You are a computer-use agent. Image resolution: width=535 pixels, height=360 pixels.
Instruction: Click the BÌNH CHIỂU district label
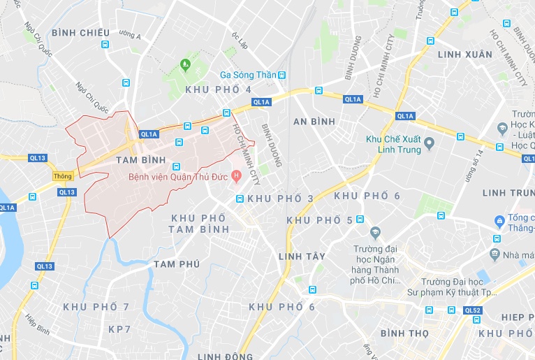(x=80, y=33)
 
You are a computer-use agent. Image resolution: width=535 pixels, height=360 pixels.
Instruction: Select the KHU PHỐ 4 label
(x=219, y=89)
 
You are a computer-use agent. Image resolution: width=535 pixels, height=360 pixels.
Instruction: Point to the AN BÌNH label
(x=314, y=122)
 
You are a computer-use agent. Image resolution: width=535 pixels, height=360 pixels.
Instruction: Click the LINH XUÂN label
(x=464, y=54)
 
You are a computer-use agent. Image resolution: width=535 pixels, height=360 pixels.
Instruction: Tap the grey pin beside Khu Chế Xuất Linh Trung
(x=430, y=143)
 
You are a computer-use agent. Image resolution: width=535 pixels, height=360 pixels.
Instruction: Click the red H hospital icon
(x=237, y=176)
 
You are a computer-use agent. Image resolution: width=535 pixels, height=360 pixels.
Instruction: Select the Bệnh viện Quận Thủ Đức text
(x=179, y=176)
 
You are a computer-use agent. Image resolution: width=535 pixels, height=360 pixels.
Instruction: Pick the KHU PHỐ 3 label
(x=281, y=199)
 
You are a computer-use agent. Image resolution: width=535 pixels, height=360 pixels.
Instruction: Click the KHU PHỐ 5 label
(x=320, y=220)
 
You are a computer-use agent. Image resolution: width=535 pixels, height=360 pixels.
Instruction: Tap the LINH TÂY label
(x=302, y=257)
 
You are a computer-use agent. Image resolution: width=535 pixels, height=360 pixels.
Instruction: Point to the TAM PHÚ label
(x=177, y=264)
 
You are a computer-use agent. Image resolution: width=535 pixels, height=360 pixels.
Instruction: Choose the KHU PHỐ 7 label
(x=96, y=307)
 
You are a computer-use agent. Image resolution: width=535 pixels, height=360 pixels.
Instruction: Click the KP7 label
(x=119, y=329)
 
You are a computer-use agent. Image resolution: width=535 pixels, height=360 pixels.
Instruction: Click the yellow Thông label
(x=63, y=177)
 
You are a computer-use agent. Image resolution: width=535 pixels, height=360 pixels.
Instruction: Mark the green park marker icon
(x=185, y=65)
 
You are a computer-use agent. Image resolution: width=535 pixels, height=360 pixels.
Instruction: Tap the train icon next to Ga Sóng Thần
(x=281, y=75)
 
